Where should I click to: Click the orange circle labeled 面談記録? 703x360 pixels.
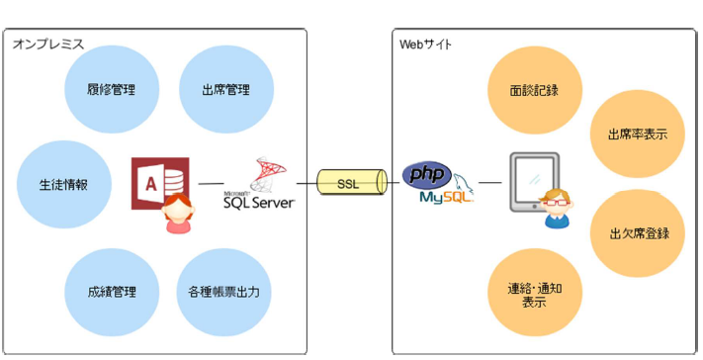(534, 90)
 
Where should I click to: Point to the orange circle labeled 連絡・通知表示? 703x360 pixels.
(534, 294)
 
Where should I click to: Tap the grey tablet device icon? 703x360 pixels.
(533, 183)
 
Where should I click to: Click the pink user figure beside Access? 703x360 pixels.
(177, 216)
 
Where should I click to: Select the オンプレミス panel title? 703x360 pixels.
(47, 45)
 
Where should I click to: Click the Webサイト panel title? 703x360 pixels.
(426, 45)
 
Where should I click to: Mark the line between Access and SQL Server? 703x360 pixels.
(211, 183)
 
